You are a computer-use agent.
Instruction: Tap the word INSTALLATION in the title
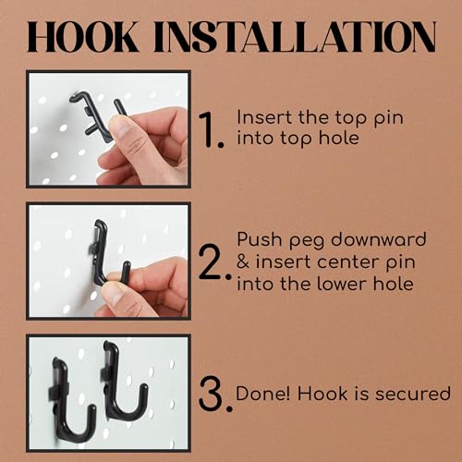[x=295, y=37]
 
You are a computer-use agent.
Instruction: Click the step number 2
[x=214, y=262]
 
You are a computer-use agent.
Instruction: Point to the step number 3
[x=215, y=394]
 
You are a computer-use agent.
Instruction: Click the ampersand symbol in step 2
[x=243, y=262]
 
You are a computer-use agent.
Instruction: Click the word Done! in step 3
[x=263, y=394]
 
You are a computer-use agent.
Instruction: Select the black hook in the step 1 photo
[x=96, y=115]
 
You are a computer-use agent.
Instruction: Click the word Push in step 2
[x=260, y=239]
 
